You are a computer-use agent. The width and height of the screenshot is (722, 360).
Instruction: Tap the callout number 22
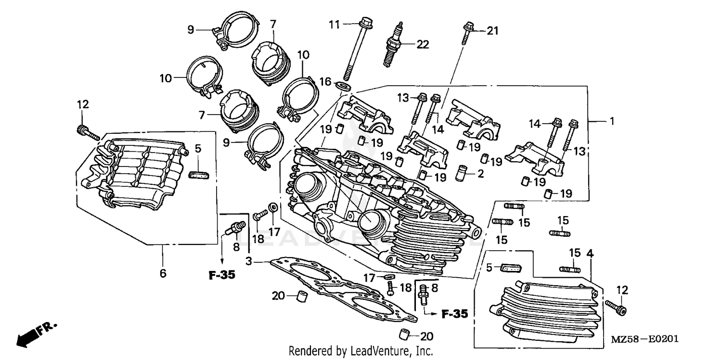pyautogui.click(x=422, y=45)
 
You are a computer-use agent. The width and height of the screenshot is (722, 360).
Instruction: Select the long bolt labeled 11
pyautogui.click(x=357, y=51)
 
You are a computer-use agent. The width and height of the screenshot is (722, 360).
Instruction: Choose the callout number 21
pyautogui.click(x=492, y=31)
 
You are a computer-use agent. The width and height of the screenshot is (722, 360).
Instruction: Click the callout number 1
pyautogui.click(x=612, y=122)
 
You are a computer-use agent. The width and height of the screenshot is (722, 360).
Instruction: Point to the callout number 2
pyautogui.click(x=480, y=174)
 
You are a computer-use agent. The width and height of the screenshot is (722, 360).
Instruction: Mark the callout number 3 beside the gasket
pyautogui.click(x=249, y=262)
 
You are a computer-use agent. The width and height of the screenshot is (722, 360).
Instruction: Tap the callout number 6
pyautogui.click(x=163, y=273)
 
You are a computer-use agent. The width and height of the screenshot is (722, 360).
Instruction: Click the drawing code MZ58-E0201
pyautogui.click(x=645, y=339)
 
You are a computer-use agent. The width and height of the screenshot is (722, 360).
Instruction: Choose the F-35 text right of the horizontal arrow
pyautogui.click(x=454, y=314)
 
